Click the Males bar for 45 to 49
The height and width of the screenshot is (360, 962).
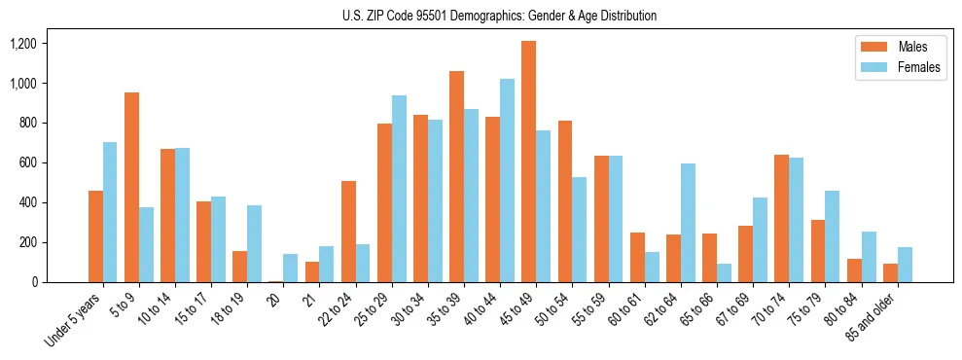528,162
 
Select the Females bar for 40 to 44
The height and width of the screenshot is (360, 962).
507,181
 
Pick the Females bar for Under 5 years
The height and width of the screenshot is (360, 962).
110,212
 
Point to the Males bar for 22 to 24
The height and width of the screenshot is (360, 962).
348,232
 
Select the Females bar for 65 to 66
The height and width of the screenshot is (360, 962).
724,272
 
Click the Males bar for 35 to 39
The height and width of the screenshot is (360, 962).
456,176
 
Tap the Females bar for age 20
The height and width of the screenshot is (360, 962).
291,268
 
